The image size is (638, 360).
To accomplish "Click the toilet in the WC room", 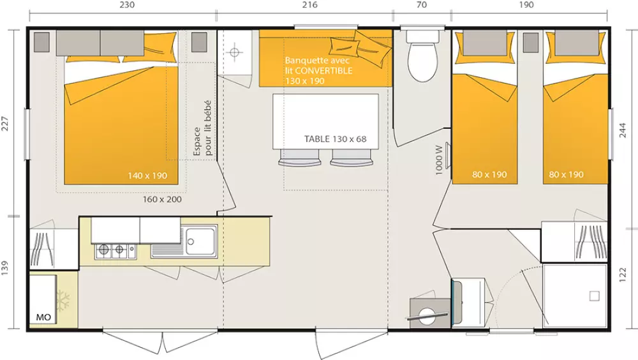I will (x=421, y=61).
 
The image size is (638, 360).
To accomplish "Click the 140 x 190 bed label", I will (x=147, y=176).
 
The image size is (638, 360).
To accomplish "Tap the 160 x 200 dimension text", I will (x=162, y=199).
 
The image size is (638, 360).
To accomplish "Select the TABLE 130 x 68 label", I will (x=335, y=139).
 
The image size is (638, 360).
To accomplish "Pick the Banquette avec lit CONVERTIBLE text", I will (x=318, y=71).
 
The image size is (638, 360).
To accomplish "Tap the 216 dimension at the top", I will (x=309, y=5).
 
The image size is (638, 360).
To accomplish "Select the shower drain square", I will (x=594, y=296).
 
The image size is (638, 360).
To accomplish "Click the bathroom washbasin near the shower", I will (x=469, y=297).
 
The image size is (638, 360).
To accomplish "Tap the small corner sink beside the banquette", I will (x=234, y=52).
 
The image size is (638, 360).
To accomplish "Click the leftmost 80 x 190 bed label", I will (x=490, y=174).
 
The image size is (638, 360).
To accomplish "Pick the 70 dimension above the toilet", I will (x=420, y=5).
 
